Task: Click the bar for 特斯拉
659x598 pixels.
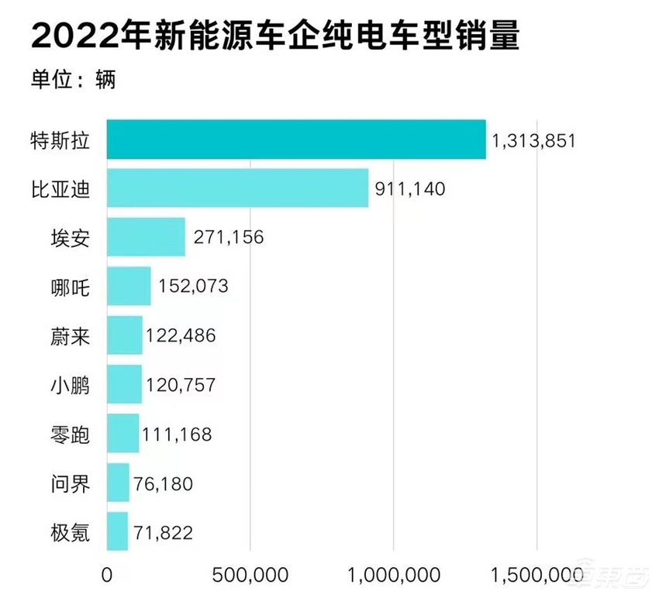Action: coord(295,139)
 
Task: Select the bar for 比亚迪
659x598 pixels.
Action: coord(237,188)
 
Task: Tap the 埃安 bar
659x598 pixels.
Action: coord(146,237)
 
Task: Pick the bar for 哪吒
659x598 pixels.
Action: coord(129,287)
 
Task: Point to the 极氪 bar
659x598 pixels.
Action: coord(117,532)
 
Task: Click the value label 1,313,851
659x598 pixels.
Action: coord(533,141)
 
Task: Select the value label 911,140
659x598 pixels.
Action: coord(411,189)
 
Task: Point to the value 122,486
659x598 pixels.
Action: coord(180,336)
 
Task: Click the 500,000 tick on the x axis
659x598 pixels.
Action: coord(250,575)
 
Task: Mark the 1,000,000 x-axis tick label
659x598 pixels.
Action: coord(394,575)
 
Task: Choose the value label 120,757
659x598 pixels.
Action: coord(179,385)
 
